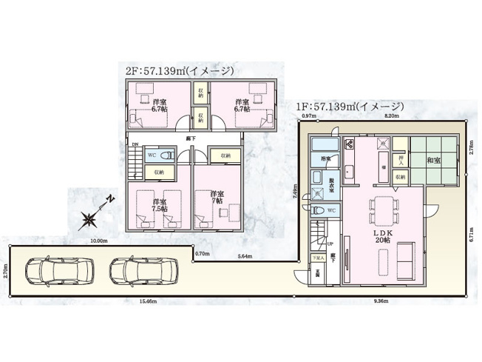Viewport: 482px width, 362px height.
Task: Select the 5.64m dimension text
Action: click(243, 255)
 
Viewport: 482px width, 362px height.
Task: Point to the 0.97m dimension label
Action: click(309, 116)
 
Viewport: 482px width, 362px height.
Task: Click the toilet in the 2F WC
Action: click(167, 155)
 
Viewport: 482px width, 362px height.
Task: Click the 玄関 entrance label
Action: click(317, 272)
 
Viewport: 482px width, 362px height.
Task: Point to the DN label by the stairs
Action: click(134, 145)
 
